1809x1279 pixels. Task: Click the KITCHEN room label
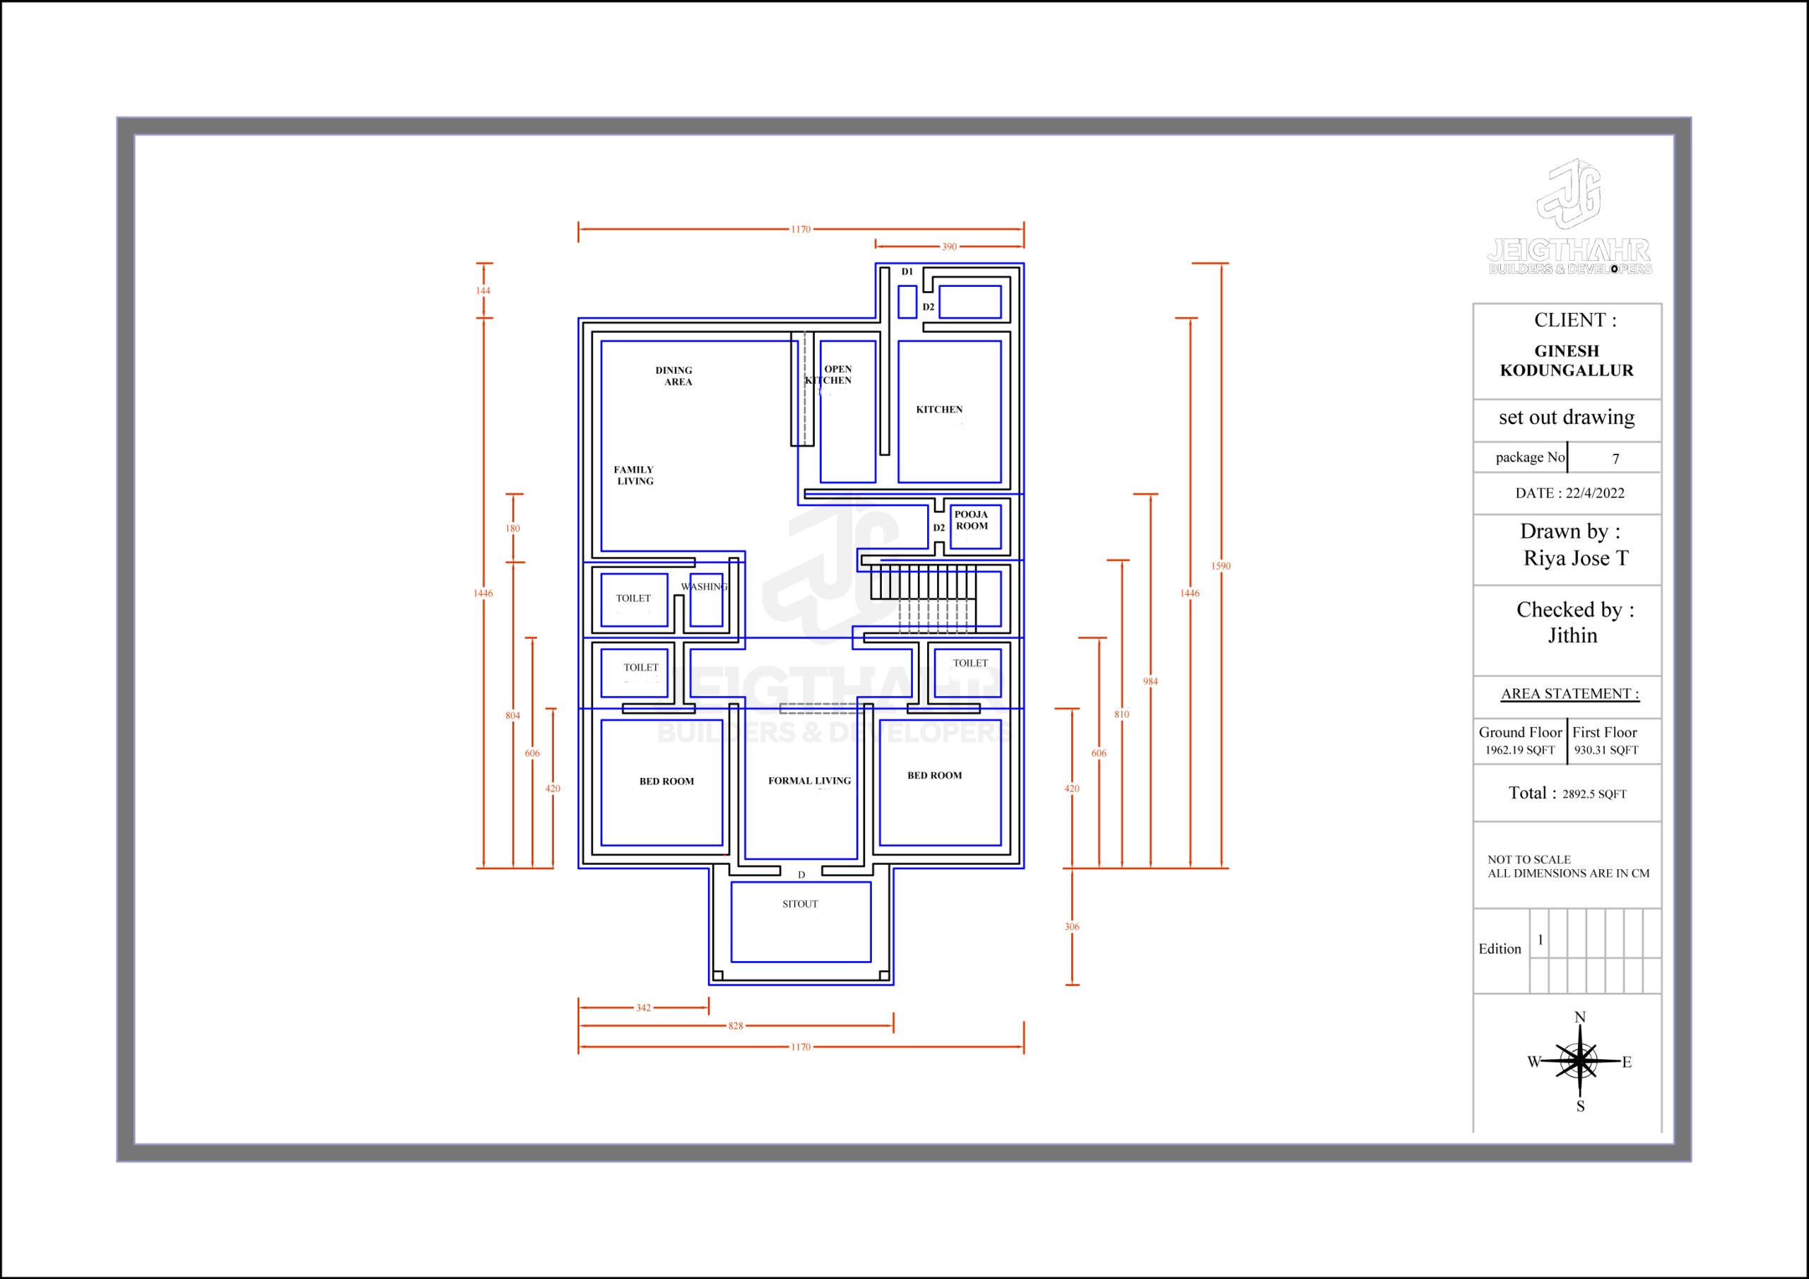click(939, 410)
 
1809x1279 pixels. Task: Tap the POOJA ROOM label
click(972, 520)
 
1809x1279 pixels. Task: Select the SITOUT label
click(800, 904)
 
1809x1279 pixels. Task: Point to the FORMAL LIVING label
click(809, 781)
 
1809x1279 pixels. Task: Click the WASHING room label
click(705, 587)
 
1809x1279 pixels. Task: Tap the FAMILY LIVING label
click(635, 475)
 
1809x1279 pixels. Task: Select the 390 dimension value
click(950, 247)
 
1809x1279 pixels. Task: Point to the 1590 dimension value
click(1220, 566)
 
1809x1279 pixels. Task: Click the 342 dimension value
click(644, 1008)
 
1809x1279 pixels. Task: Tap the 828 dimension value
click(735, 1026)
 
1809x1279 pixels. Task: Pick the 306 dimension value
click(1072, 926)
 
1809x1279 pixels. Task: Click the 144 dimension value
click(483, 291)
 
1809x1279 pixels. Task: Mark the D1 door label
click(907, 272)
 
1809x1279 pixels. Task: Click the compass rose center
click(1580, 1061)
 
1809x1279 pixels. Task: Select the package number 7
click(1616, 459)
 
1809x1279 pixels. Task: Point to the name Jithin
click(1573, 635)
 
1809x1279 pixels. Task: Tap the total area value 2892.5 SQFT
click(1595, 794)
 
